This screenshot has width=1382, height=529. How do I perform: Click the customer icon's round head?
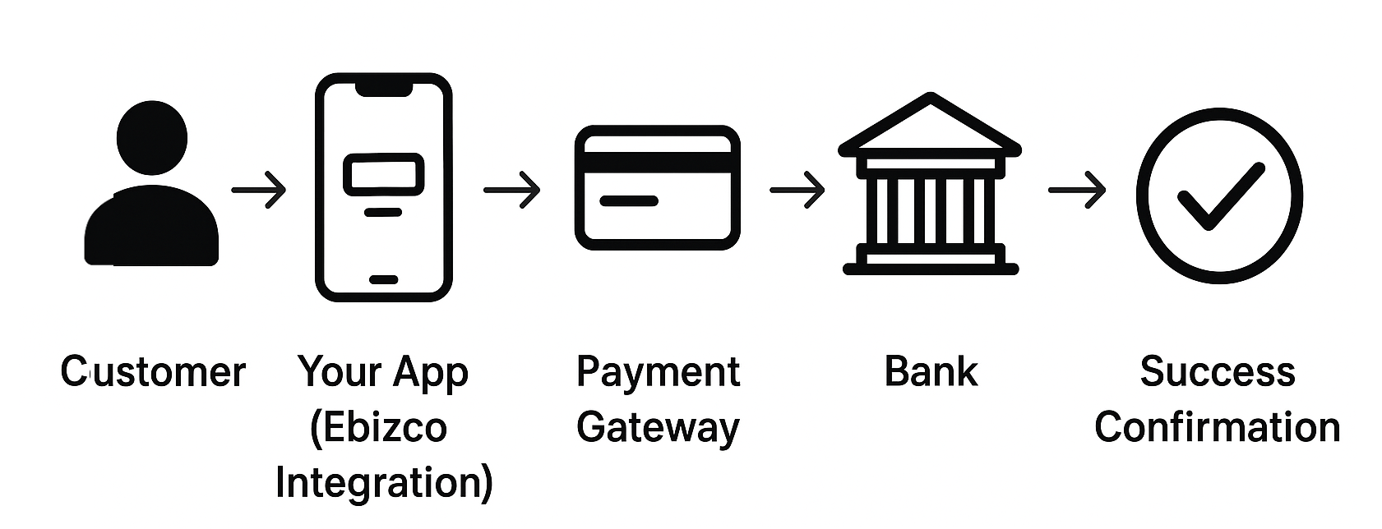[x=152, y=138]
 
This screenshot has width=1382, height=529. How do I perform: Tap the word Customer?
[x=153, y=372]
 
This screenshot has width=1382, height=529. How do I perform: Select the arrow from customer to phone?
[x=259, y=190]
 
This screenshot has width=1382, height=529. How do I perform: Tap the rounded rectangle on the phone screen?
[x=383, y=174]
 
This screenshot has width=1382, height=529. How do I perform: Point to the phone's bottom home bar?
[x=383, y=279]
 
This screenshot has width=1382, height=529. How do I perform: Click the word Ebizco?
[x=379, y=428]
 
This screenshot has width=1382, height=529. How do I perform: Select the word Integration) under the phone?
[x=384, y=482]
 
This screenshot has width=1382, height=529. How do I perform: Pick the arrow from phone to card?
[x=512, y=190]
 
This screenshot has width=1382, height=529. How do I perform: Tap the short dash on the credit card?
[x=629, y=200]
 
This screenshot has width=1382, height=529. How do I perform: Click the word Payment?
[x=658, y=373]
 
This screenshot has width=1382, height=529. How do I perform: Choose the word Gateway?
[x=658, y=428]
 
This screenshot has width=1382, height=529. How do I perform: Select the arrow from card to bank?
[x=797, y=190]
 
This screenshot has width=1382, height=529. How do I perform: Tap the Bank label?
[x=931, y=372]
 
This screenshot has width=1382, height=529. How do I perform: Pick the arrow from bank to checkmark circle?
[x=1077, y=190]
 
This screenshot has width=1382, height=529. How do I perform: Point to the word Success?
[x=1218, y=372]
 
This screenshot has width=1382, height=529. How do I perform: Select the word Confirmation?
[x=1218, y=428]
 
